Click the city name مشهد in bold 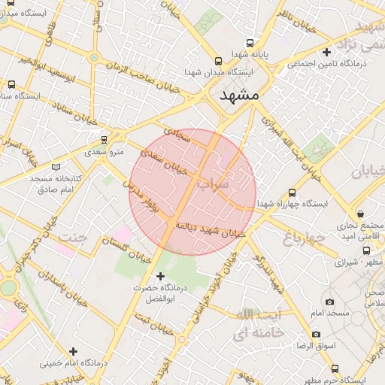[x=239, y=95]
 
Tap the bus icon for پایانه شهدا [x=250, y=43]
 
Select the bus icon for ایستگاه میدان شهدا [x=218, y=61]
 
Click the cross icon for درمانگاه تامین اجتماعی [x=326, y=53]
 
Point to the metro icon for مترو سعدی [x=104, y=138]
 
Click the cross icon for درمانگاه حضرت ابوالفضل [x=159, y=276]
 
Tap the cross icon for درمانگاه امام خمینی [x=73, y=350]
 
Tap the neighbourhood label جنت [x=74, y=238]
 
